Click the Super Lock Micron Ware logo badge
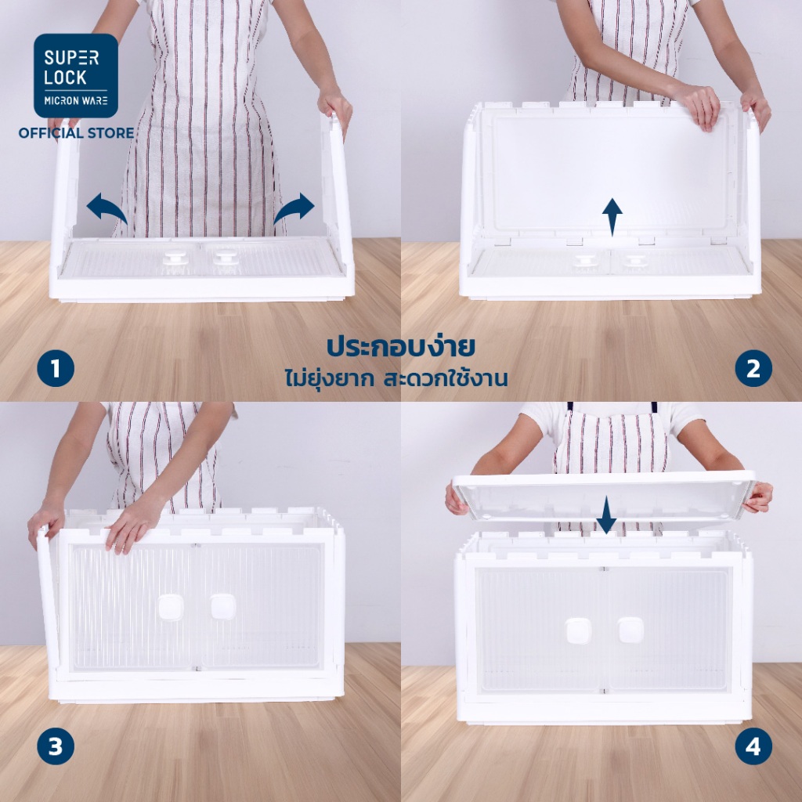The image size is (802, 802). [76, 76]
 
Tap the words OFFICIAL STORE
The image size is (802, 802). [76, 133]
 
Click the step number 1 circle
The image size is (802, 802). [56, 368]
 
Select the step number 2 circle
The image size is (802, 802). [753, 368]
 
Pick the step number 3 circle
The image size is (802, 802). [56, 746]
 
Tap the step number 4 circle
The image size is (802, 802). [753, 746]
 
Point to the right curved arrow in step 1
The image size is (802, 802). [294, 208]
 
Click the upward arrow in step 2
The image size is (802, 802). [612, 217]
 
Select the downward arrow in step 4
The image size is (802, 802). [606, 515]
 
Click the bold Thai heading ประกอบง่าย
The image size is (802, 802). [401, 346]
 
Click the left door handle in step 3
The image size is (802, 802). [170, 607]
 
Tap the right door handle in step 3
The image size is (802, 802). [223, 607]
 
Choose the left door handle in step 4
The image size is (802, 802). [579, 630]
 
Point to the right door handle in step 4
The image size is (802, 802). [630, 630]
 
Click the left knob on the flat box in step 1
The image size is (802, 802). [175, 257]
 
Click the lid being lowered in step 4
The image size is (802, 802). [604, 494]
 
